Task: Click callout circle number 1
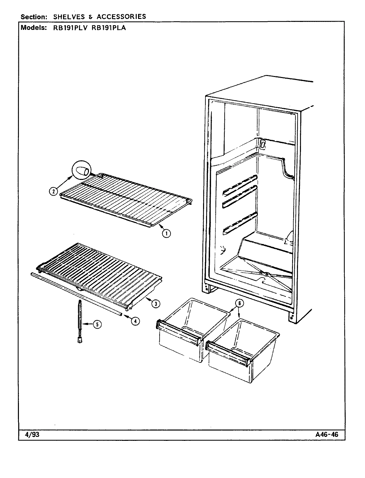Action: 167,234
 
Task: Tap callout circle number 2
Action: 53,191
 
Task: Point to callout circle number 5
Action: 97,325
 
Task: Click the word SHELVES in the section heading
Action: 67,16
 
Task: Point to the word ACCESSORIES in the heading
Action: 121,16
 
